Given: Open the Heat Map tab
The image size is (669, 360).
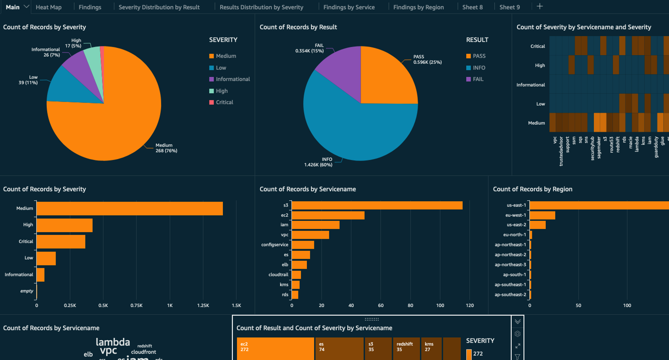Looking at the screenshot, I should click(x=49, y=7).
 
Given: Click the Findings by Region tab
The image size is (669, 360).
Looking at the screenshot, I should click(x=418, y=7).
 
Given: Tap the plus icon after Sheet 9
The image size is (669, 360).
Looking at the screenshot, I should click(x=539, y=6).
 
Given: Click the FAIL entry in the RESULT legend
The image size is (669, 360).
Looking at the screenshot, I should click(x=477, y=79).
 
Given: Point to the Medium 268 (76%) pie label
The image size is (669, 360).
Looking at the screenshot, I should click(x=166, y=148).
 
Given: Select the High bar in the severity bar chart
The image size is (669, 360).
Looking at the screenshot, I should click(x=64, y=225).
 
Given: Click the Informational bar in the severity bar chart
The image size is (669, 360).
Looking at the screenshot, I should click(x=40, y=275).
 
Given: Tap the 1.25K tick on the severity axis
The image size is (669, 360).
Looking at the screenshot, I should click(x=203, y=305).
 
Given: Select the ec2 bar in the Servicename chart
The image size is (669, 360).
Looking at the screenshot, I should click(x=328, y=215).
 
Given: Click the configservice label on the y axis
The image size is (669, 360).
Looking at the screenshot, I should click(x=275, y=245).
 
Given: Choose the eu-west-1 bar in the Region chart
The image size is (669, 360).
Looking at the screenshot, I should click(x=542, y=215).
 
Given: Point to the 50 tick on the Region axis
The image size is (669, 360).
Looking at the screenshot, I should click(x=578, y=305).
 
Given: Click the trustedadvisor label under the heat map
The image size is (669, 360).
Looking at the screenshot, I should click(x=561, y=152).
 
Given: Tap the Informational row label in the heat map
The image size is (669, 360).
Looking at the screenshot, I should click(x=530, y=85).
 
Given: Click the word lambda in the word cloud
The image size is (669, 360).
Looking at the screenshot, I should click(x=113, y=342).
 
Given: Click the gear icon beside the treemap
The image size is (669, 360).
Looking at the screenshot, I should click(x=517, y=334).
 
